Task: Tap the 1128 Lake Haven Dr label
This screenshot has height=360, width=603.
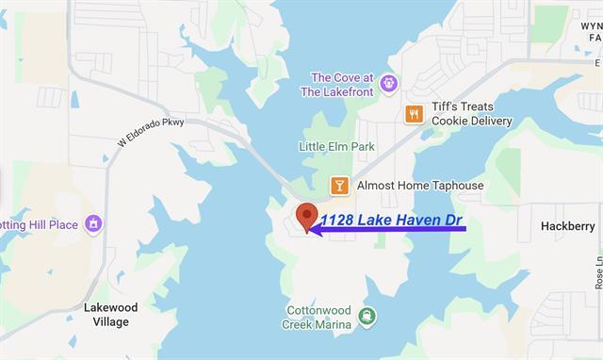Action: [393, 221]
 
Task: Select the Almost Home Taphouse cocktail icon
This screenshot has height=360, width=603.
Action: [339, 186]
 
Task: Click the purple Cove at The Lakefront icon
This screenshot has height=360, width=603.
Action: [387, 86]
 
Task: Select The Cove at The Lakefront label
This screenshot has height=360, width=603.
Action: [342, 85]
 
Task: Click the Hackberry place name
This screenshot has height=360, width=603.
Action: [567, 227]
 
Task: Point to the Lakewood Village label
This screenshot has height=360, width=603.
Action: [110, 315]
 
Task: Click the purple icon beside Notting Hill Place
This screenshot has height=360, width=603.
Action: [93, 223]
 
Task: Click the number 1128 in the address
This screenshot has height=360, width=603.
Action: [337, 221]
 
